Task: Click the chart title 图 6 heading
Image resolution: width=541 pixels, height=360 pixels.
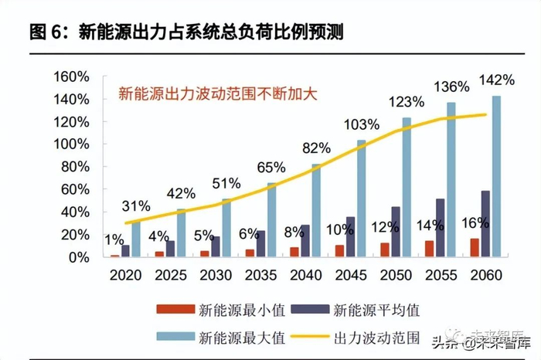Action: click(x=186, y=32)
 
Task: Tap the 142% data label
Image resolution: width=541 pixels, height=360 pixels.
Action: click(x=496, y=80)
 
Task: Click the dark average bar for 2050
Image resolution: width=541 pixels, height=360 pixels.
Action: click(x=396, y=232)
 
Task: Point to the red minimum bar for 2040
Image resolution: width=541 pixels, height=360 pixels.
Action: click(x=294, y=252)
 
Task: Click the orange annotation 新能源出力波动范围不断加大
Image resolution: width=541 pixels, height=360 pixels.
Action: click(x=219, y=95)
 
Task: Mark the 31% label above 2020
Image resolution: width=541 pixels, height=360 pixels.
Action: click(x=135, y=205)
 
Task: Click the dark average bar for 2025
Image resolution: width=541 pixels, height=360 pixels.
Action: click(x=170, y=249)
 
